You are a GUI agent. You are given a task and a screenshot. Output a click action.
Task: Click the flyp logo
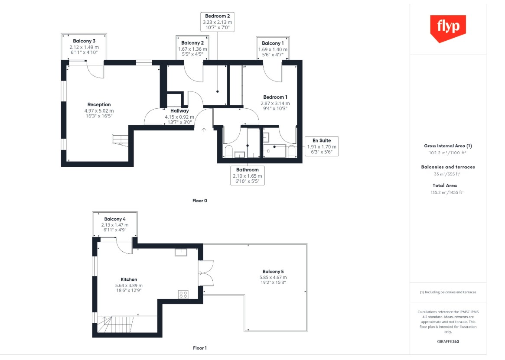coord(448,28)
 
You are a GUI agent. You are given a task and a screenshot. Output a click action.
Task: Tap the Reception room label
coord(99,104)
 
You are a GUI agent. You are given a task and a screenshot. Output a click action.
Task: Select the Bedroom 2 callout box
coord(218,22)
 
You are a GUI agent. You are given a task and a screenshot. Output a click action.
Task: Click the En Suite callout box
coord(322,146)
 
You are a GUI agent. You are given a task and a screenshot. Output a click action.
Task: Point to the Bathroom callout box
coord(248,175)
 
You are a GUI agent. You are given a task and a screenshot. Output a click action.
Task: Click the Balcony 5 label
coord(273,272)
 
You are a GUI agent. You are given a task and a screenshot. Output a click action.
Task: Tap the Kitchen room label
coord(129,279)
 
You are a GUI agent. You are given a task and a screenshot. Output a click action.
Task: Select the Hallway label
coord(179,111)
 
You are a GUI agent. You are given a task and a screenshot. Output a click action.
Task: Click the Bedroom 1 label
coord(275,97)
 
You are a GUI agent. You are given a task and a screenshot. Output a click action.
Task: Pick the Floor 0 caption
coord(200,201)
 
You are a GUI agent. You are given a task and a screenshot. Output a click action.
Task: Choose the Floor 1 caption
coord(200,348)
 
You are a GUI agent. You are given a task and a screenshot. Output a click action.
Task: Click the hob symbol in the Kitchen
coord(183,294)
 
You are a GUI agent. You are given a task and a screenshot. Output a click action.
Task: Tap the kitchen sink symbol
coord(181,252)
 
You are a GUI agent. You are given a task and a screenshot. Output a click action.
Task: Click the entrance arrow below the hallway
coord(204,130)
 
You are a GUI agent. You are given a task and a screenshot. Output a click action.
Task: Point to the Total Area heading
coord(445,185)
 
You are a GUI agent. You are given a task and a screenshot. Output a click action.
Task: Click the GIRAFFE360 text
coord(448,341)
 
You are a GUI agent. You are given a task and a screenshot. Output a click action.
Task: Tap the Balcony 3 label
coord(84,41)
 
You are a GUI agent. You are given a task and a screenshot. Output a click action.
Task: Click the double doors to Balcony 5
coord(206,273)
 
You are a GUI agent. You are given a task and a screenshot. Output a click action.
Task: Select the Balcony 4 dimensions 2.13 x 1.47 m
coord(115,225)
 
